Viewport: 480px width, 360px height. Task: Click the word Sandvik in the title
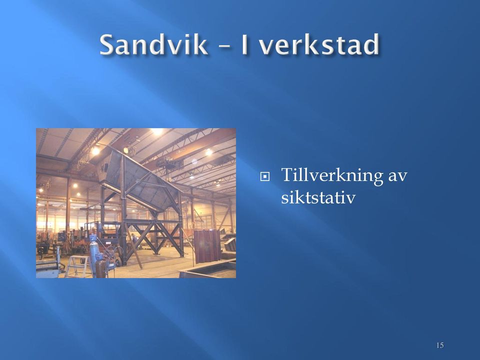tap(153, 44)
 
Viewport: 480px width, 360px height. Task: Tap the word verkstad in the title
tap(319, 44)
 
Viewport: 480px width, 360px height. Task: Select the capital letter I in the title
tap(244, 44)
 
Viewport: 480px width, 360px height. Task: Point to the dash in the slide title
tap(224, 45)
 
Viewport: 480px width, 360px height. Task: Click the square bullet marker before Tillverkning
tap(265, 176)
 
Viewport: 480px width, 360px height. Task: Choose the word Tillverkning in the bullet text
tap(332, 175)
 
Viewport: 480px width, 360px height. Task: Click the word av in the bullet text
tap(398, 176)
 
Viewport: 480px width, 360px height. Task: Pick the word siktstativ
tap(318, 197)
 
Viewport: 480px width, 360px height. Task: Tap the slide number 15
tap(440, 345)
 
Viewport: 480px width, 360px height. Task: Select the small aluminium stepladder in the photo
tap(78, 266)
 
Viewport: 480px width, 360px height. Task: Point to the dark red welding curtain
tap(207, 245)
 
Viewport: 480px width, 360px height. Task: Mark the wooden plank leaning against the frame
tap(133, 249)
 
